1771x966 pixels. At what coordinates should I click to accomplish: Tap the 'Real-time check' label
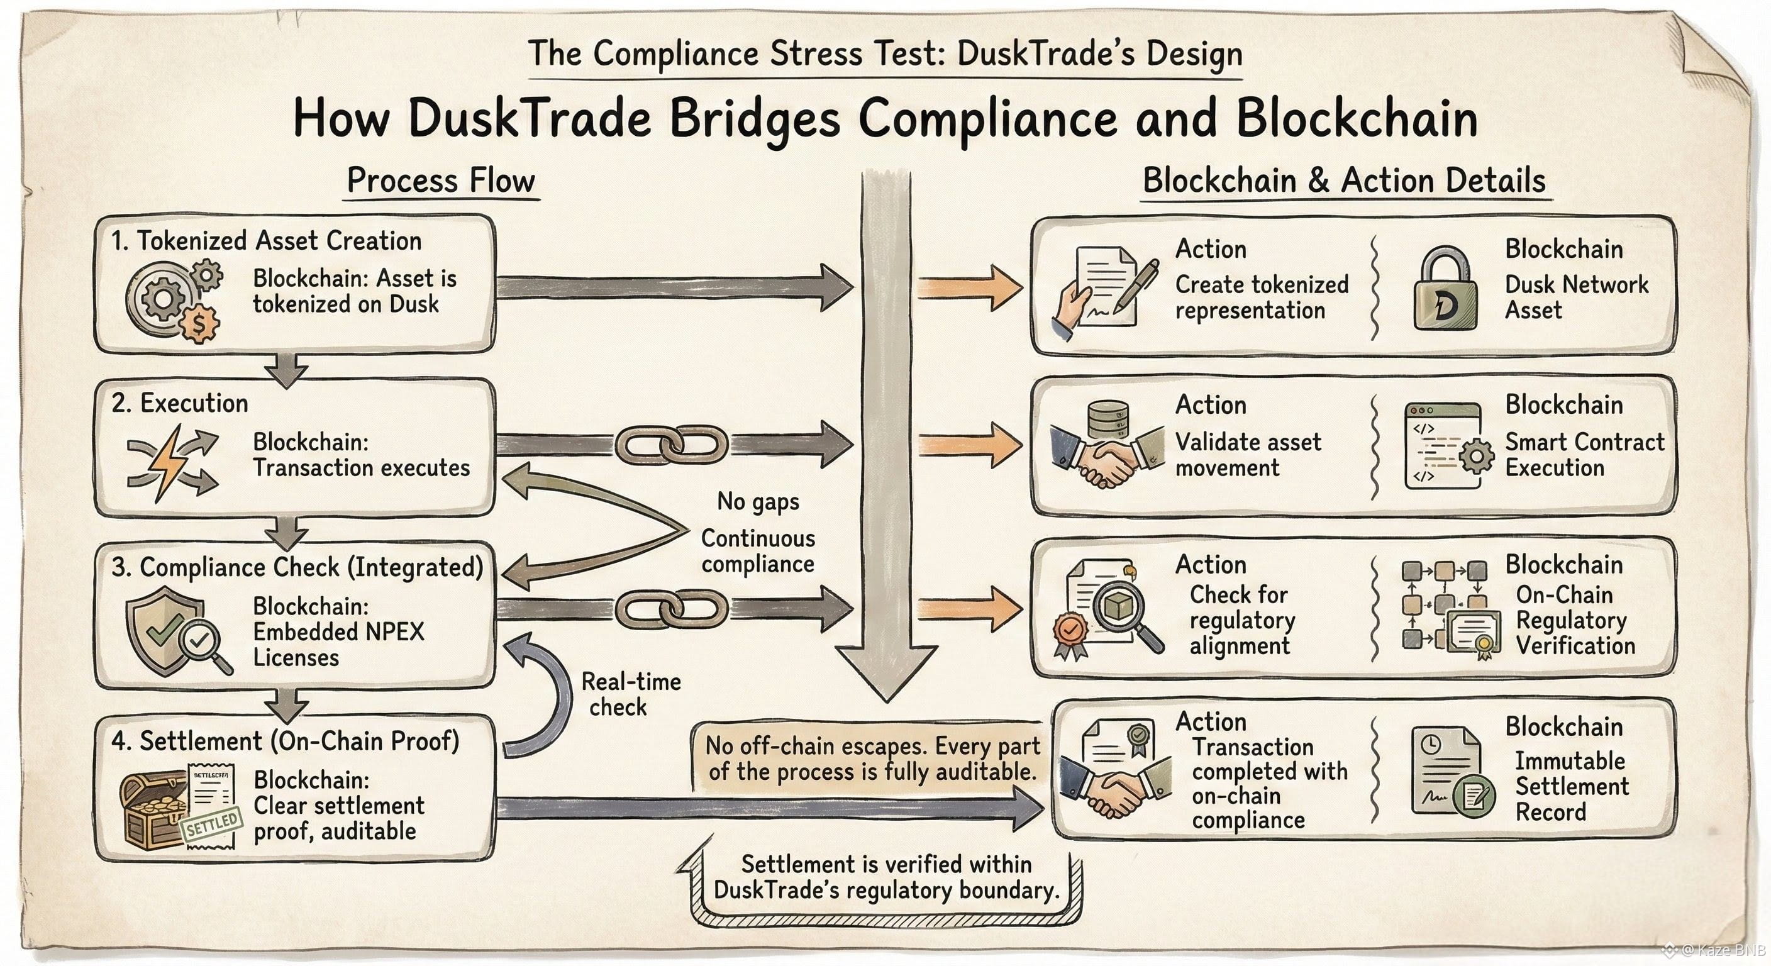tap(630, 694)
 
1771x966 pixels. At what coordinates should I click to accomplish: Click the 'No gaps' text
tap(758, 501)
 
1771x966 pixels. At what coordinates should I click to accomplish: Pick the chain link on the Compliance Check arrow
tap(670, 609)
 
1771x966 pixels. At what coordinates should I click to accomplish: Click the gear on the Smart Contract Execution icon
tap(1475, 456)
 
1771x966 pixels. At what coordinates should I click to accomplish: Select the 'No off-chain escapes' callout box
tap(872, 758)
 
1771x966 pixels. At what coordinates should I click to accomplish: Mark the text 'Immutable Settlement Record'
tap(1571, 786)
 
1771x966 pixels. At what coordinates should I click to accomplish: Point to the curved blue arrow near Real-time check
tap(543, 694)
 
